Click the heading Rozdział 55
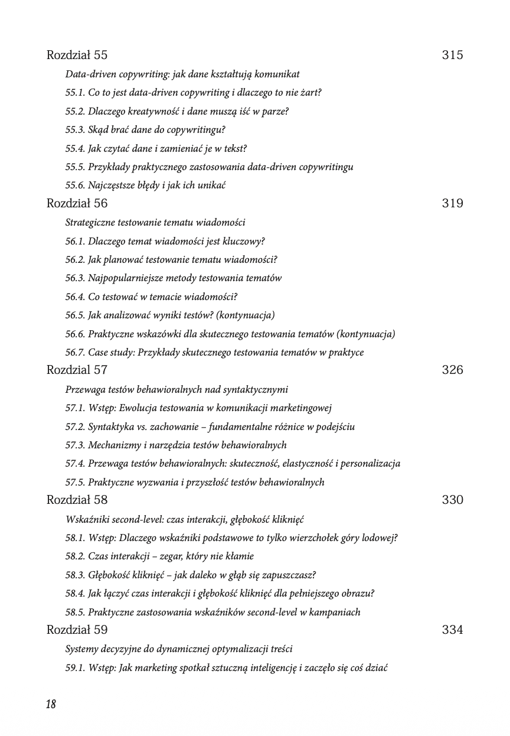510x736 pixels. coord(77,56)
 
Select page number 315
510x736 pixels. coord(452,56)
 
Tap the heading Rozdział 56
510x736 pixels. coord(77,204)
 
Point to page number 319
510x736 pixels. coord(452,204)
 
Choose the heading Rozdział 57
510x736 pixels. coord(77,370)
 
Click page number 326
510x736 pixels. coord(452,370)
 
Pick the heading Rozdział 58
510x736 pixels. coord(77,500)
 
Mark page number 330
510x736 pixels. coord(452,500)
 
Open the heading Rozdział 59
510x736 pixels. coord(77,630)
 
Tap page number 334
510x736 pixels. coord(452,630)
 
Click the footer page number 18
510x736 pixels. coord(51,704)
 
